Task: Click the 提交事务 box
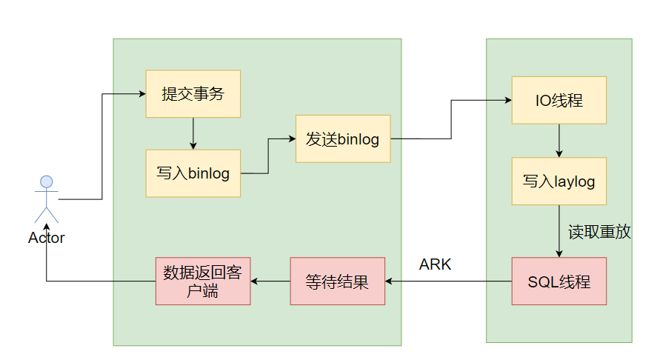(x=193, y=94)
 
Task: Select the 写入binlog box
(x=193, y=173)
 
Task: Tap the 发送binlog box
(x=343, y=139)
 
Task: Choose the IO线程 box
(x=558, y=100)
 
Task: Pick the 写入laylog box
(x=558, y=181)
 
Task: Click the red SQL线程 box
(x=558, y=281)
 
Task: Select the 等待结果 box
(x=337, y=281)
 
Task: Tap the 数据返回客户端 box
(x=202, y=281)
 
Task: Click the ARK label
(x=435, y=264)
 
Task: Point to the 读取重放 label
(x=599, y=231)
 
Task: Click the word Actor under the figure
(x=46, y=238)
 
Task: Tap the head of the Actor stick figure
(x=46, y=181)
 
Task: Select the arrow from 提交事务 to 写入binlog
(x=193, y=133)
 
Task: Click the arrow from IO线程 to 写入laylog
(x=558, y=140)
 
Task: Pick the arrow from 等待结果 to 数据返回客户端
(x=270, y=281)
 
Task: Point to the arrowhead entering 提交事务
(x=141, y=94)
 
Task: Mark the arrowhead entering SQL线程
(x=558, y=253)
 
